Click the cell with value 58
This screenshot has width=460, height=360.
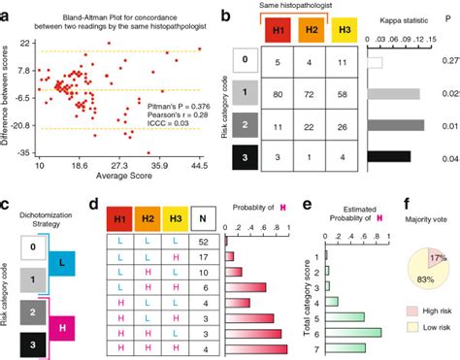(x=345, y=94)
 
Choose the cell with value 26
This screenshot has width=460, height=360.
(x=345, y=126)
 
